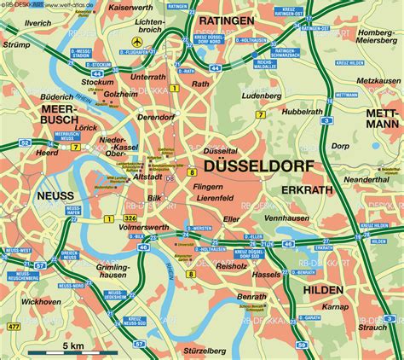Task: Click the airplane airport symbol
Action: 136,42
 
